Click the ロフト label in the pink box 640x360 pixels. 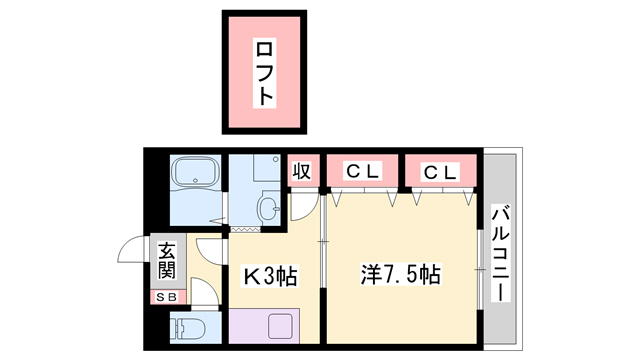(x=264, y=72)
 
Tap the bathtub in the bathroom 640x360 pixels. (x=197, y=174)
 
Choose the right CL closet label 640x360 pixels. (x=440, y=171)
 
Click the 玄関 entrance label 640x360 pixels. (x=165, y=261)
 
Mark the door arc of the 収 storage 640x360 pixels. (x=305, y=205)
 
